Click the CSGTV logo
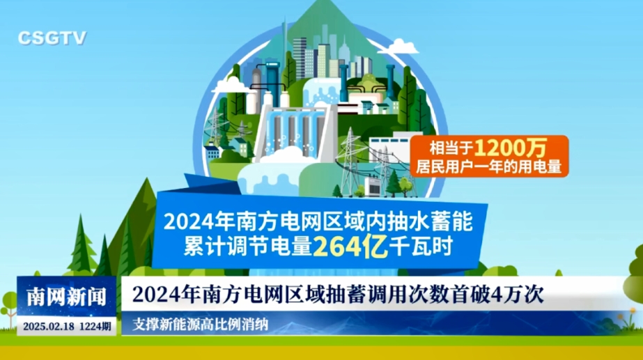52,38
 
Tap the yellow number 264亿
350,246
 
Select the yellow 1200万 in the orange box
511,148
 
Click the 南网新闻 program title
66,297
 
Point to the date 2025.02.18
48,327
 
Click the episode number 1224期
95,327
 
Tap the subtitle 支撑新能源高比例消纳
200,324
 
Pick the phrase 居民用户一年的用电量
488,166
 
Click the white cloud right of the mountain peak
398,47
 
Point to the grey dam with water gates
296,130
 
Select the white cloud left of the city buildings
231,85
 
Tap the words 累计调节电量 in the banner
248,246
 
